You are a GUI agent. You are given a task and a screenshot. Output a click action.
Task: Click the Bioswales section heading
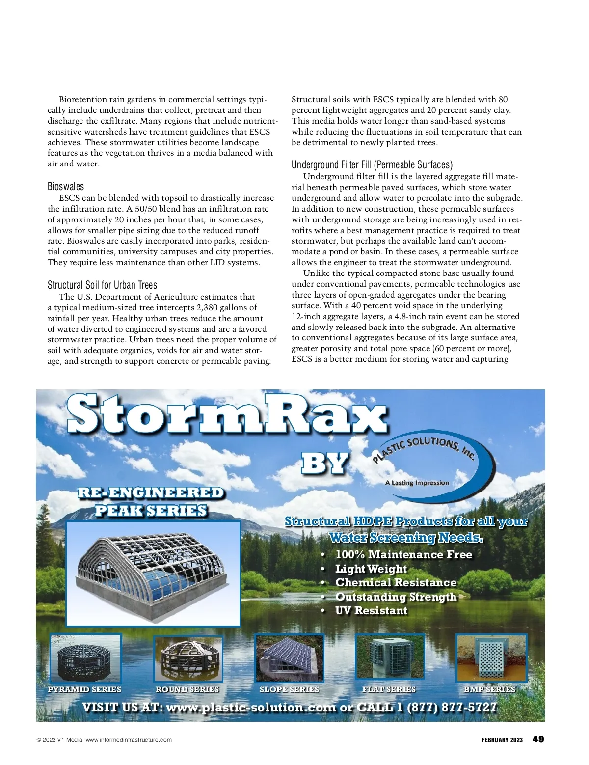pos(66,187)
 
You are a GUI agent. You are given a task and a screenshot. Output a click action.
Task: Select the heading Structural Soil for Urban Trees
pos(102,285)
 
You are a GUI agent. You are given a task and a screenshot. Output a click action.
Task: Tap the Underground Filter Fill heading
pos(372,165)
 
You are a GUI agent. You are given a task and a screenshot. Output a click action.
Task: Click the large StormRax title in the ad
pos(227,415)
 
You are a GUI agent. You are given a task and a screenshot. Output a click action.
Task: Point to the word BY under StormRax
pos(324,463)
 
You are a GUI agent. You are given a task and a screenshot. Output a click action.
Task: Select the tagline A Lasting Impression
pos(417,483)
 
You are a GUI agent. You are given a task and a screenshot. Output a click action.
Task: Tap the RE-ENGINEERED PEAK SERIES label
pos(151,501)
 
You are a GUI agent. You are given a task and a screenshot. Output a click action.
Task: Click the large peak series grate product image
pos(153,573)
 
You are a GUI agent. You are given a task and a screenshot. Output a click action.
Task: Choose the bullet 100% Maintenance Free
pos(403,555)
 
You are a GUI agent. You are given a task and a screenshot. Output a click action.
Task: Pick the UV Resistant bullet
pos(371,611)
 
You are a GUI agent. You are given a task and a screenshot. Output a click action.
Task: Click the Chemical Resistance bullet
pos(396,583)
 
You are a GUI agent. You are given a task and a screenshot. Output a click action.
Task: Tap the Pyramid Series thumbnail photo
pos(85,657)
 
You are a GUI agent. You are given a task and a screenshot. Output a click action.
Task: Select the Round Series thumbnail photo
pos(188,658)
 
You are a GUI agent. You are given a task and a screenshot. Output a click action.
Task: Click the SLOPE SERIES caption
pos(289,689)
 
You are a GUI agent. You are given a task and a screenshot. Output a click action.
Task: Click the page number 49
pos(538,739)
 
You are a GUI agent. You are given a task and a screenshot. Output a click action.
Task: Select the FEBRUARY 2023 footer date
pos(502,740)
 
